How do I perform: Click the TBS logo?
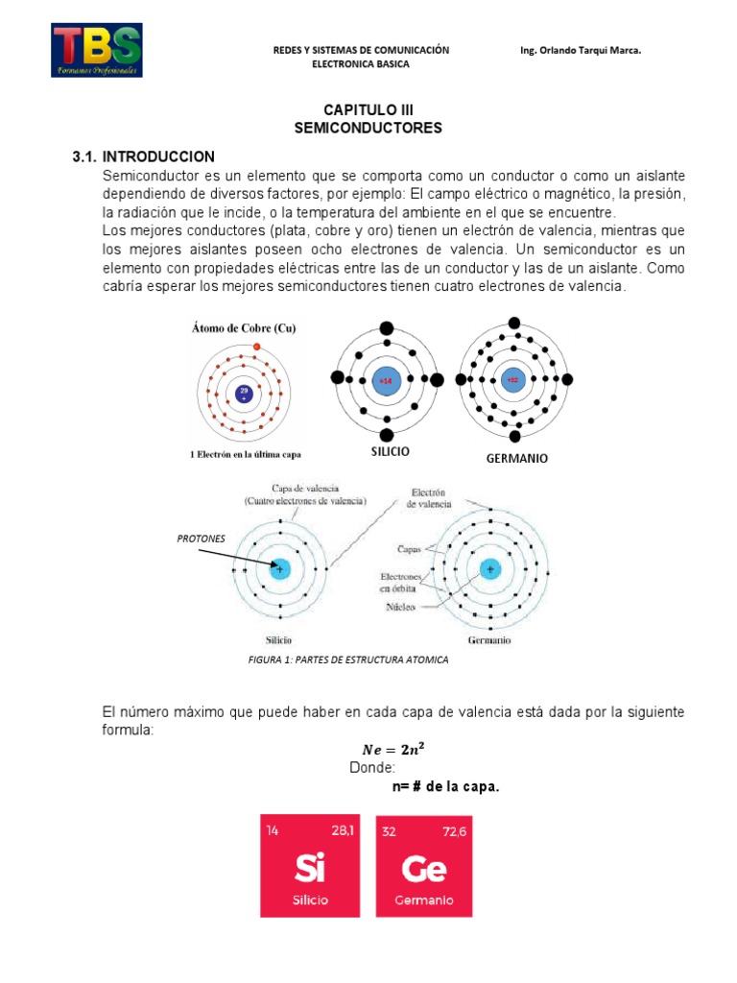[x=97, y=51]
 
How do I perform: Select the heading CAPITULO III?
[x=368, y=111]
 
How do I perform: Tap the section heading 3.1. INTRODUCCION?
[x=144, y=156]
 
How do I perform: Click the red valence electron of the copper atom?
[x=256, y=347]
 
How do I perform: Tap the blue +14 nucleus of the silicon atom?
[x=385, y=380]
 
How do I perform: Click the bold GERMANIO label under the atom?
[x=516, y=459]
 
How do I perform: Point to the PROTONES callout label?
[x=201, y=539]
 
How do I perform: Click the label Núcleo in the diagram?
[x=400, y=608]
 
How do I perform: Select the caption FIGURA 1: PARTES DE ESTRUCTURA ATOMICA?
[x=348, y=660]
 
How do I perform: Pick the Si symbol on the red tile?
[x=309, y=870]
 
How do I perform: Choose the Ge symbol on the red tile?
[x=423, y=870]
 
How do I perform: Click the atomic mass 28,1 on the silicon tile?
[x=343, y=831]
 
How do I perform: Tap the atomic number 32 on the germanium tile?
[x=388, y=831]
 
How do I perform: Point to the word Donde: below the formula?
[x=371, y=768]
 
